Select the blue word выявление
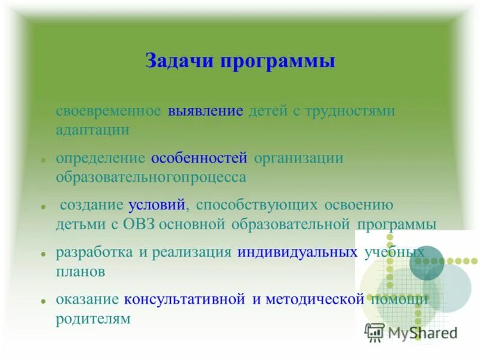tap(206, 112)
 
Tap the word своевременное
tap(109, 112)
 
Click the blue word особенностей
tap(199, 158)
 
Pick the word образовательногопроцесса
tap(151, 177)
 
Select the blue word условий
tap(158, 205)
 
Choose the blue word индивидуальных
tap(296, 252)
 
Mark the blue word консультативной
tap(185, 299)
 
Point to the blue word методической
tap(311, 299)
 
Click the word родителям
tap(93, 318)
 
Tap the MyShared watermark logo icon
tap(374, 332)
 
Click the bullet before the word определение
tap(44, 160)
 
